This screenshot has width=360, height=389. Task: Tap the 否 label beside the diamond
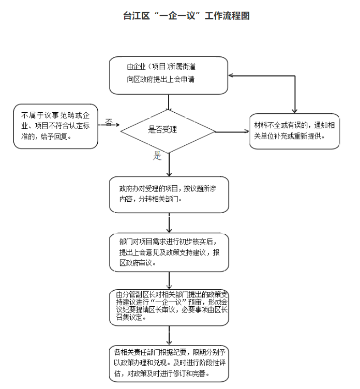[109, 122]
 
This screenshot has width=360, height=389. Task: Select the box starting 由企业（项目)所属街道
[169, 75]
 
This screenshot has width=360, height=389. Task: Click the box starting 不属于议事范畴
[56, 126]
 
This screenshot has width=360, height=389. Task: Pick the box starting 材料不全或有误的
[295, 131]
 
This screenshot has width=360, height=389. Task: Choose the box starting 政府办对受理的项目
[169, 194]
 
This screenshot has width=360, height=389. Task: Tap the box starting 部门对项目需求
[169, 252]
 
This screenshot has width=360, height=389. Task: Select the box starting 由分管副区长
[169, 307]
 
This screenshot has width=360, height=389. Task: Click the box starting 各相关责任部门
[169, 363]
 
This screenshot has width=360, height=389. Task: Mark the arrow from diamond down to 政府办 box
[169, 164]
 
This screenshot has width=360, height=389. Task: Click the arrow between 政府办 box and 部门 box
[169, 223]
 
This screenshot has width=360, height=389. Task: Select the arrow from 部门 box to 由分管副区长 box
[169, 281]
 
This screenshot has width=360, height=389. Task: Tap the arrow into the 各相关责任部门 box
[169, 336]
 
